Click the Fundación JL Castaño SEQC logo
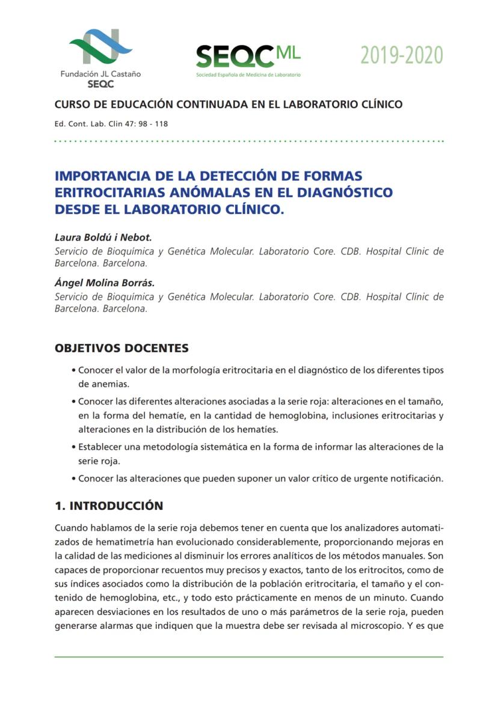100,58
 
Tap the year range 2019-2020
401,56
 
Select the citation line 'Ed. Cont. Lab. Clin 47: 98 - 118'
111,124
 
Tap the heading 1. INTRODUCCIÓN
109,506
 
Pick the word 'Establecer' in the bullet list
101,447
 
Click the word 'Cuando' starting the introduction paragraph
71,528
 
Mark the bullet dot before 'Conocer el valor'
73,371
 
